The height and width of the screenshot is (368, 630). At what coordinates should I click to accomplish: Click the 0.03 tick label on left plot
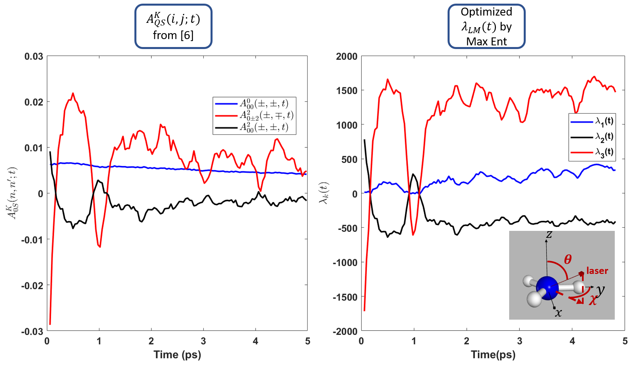coord(34,56)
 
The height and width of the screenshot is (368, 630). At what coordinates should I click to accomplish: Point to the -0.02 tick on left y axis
coord(32,286)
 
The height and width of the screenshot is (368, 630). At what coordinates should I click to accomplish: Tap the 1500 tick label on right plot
coord(347,91)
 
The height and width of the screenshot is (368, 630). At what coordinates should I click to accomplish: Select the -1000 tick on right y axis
coord(345,263)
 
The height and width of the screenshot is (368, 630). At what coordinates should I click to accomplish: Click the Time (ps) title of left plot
coord(177,355)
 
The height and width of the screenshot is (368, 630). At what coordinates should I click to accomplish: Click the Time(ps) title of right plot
coord(493,355)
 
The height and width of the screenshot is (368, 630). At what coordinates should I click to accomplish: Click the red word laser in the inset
coord(597,271)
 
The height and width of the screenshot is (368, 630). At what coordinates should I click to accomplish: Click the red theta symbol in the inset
coord(568,259)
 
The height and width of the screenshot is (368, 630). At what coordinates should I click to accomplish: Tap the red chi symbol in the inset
coord(593,300)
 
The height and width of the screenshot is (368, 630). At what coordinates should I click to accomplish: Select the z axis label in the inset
coord(549,235)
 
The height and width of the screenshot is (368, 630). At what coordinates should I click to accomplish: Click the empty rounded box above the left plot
coord(173,26)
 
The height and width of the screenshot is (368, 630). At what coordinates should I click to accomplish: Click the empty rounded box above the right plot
coord(486,26)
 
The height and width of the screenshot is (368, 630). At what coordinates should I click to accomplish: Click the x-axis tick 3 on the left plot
coord(203,341)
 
